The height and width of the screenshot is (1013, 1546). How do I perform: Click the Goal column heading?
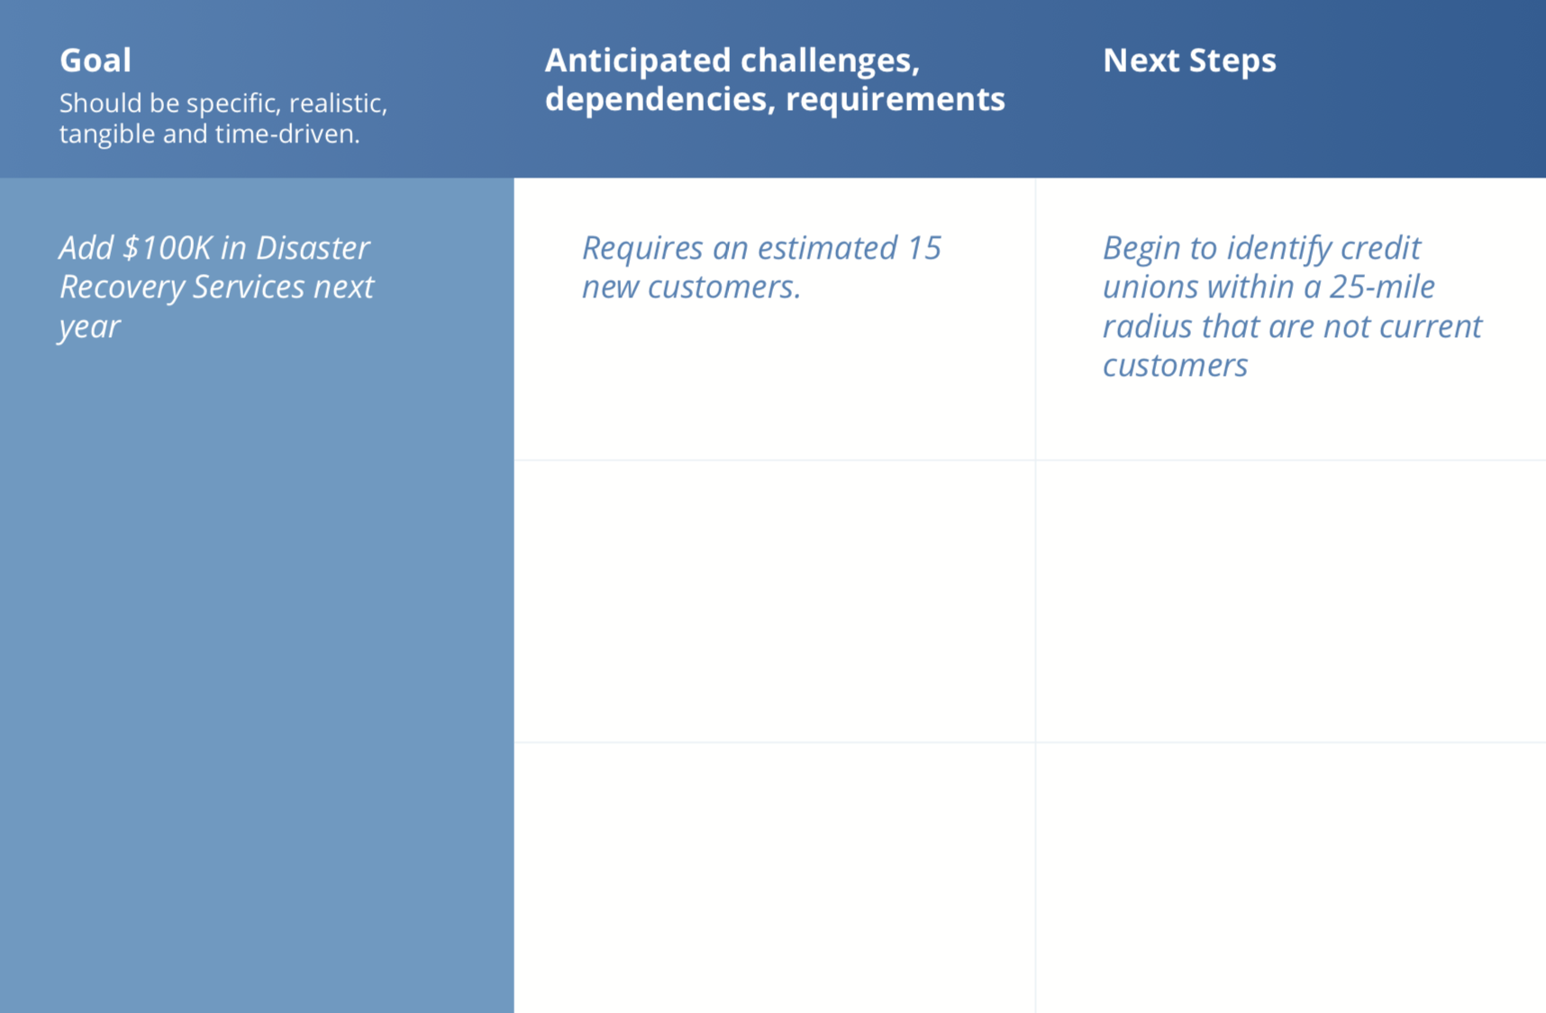click(95, 60)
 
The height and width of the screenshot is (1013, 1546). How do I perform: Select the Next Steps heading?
click(1189, 60)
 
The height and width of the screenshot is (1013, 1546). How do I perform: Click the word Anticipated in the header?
click(638, 60)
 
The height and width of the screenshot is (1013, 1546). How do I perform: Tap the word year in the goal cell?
click(89, 326)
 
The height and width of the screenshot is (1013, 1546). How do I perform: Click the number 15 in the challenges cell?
click(924, 248)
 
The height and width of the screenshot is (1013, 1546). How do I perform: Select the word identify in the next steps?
click(1279, 248)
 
